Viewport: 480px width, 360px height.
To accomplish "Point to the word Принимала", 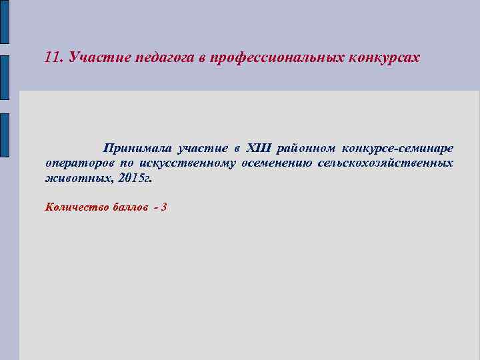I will (x=137, y=147).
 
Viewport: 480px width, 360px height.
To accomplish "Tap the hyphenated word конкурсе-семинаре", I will (x=397, y=147).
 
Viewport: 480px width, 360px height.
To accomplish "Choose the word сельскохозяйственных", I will (x=385, y=163).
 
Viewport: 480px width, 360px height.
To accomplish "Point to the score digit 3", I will (x=164, y=207).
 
